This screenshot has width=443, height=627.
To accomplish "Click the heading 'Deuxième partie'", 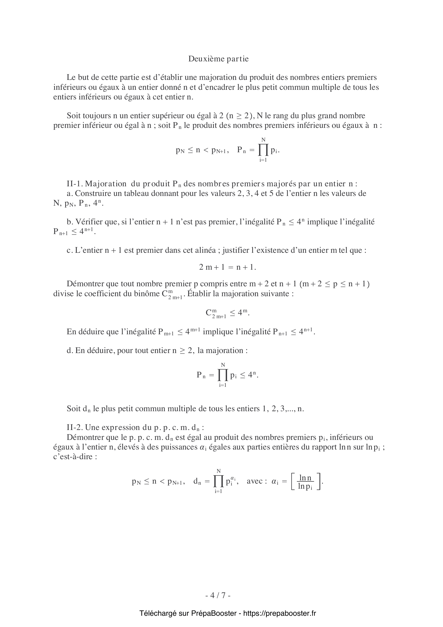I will tap(218, 59).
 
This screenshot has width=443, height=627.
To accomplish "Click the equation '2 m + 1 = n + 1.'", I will tap(228, 267).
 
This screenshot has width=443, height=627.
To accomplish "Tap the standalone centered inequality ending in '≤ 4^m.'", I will tap(228, 313).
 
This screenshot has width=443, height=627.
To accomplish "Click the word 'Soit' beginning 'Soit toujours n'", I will tap(74, 116).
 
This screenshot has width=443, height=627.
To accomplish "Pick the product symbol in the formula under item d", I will tap(223, 375).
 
